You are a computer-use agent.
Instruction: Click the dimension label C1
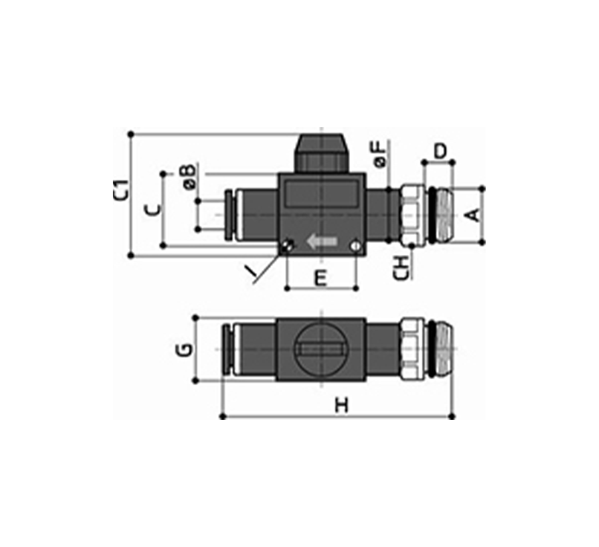tap(121, 190)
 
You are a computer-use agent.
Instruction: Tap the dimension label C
tap(154, 210)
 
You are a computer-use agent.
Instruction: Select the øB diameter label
tap(190, 176)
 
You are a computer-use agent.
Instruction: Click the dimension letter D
tap(441, 152)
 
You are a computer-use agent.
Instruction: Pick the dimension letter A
tap(473, 215)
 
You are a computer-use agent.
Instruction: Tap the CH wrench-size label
tap(402, 267)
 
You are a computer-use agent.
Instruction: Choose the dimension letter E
tap(321, 278)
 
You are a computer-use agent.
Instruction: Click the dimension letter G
tap(185, 349)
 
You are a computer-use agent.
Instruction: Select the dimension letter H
tap(342, 405)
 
